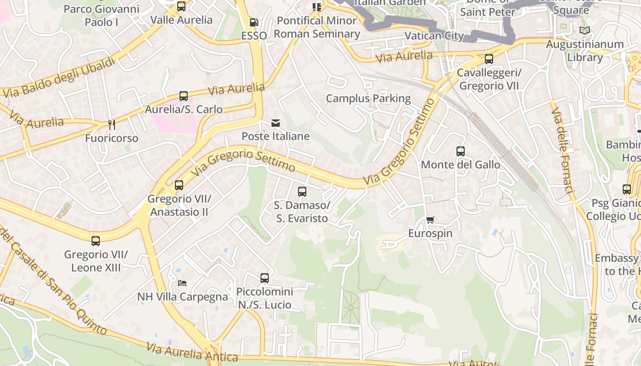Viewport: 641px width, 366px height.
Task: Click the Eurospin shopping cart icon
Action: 430,220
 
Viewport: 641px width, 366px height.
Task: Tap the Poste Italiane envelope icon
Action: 276,123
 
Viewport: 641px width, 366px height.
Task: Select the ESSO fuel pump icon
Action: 254,22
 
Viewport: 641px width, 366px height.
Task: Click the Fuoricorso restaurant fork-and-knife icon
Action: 111,124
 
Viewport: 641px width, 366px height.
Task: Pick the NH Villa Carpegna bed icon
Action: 182,283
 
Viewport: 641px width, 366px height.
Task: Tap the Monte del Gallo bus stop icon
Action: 461,151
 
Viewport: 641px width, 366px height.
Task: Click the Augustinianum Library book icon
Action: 584,30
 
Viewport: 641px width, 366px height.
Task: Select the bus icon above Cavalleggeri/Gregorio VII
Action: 489,59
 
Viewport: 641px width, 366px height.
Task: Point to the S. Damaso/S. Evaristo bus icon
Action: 302,191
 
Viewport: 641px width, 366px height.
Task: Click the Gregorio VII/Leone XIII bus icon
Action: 96,241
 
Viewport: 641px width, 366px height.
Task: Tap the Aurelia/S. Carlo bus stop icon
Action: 184,96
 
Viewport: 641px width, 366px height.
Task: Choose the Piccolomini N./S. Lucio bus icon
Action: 265,278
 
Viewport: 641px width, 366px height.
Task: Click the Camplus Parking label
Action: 368,98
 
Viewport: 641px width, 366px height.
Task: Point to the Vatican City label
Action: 434,36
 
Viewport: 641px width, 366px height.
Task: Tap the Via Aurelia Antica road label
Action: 192,353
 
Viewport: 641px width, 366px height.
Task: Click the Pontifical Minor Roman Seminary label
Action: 317,27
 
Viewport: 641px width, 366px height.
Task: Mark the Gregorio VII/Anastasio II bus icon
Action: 179,185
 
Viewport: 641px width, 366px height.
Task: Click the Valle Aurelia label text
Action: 181,20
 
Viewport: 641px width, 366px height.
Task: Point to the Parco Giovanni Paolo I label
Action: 101,16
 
